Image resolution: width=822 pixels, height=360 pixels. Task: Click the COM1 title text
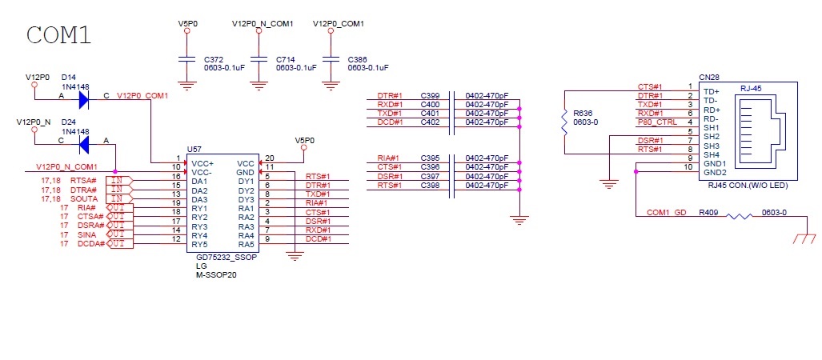click(58, 35)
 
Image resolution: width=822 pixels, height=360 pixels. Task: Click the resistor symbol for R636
click(564, 122)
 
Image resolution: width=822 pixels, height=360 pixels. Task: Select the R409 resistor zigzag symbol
click(740, 215)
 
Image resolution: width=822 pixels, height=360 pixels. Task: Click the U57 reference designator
click(194, 150)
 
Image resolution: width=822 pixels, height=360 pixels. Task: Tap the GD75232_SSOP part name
click(223, 258)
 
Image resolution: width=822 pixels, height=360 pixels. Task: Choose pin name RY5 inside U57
click(200, 244)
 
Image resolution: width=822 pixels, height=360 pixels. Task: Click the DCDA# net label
click(90, 244)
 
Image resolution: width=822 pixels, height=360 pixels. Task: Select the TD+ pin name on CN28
click(711, 91)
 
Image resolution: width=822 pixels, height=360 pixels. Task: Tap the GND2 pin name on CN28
click(715, 173)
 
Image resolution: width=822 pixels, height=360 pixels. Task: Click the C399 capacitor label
click(431, 96)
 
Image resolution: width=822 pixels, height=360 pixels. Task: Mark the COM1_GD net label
click(666, 213)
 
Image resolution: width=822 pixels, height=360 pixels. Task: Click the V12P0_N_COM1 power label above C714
click(262, 24)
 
